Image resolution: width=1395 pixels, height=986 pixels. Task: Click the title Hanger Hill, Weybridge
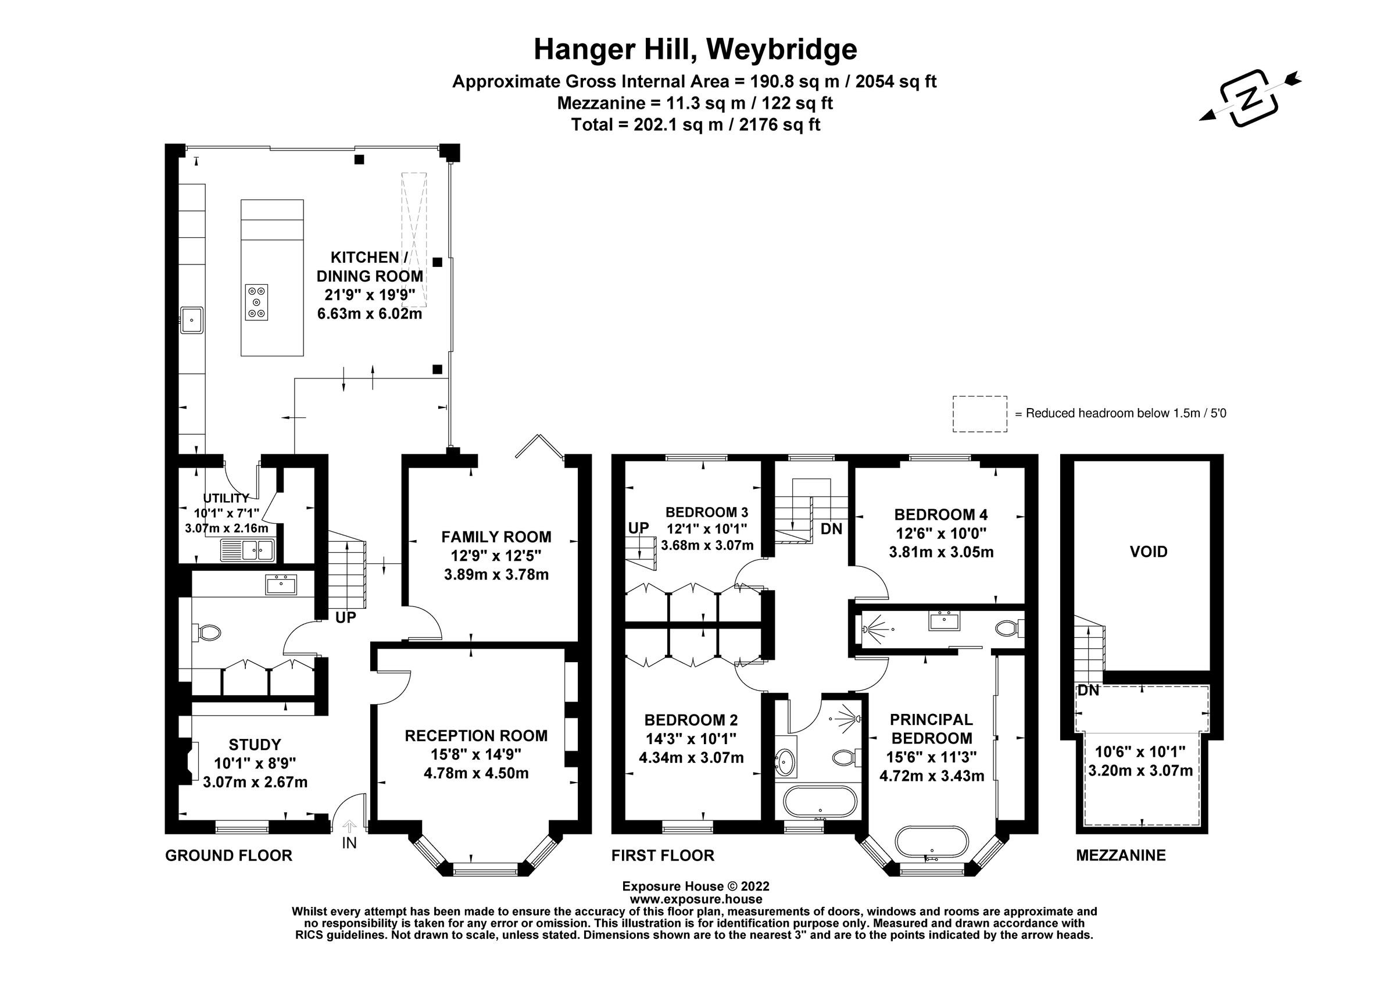tap(695, 50)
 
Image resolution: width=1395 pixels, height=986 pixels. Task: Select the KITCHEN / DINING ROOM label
tap(370, 267)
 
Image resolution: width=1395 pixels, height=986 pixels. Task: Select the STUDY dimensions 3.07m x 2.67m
tap(255, 783)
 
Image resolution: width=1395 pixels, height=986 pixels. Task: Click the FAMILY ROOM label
tap(496, 537)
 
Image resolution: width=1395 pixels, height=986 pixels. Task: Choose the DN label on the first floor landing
tap(831, 529)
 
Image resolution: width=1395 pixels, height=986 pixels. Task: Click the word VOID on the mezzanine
tap(1149, 552)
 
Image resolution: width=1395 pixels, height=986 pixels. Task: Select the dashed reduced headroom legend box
tap(979, 415)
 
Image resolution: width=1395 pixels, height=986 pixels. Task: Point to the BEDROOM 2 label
tap(691, 720)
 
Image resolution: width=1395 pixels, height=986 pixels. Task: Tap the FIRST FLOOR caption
tap(662, 855)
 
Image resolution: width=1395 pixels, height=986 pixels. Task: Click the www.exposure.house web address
tap(696, 899)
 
